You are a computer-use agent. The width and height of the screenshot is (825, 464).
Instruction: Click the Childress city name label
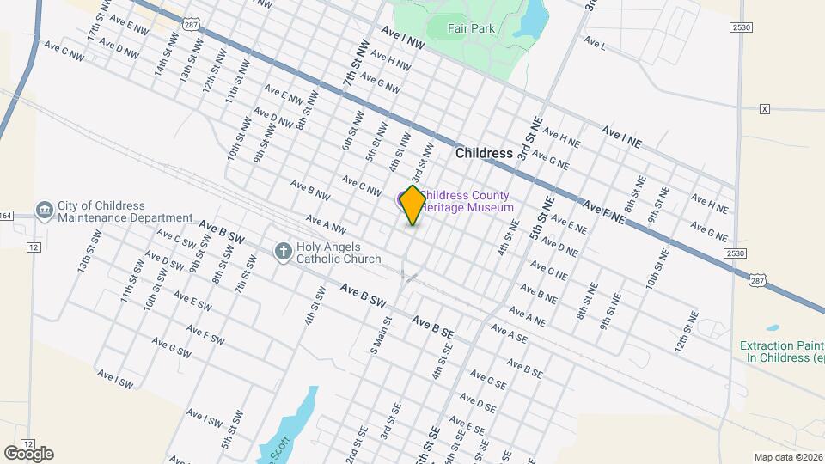coord(484,153)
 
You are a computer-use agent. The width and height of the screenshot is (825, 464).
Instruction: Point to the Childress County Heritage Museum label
coord(468,201)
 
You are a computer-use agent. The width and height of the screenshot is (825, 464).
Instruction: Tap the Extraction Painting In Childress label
coord(782,351)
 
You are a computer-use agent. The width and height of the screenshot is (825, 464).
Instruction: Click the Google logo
coord(28,453)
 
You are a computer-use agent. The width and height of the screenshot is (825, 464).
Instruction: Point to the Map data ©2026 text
coord(788,457)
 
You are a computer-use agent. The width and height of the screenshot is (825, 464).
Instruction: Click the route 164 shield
coord(5,215)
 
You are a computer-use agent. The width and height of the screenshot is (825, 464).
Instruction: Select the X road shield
coord(765,109)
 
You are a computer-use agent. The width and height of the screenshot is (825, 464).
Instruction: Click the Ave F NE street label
coord(603,213)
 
